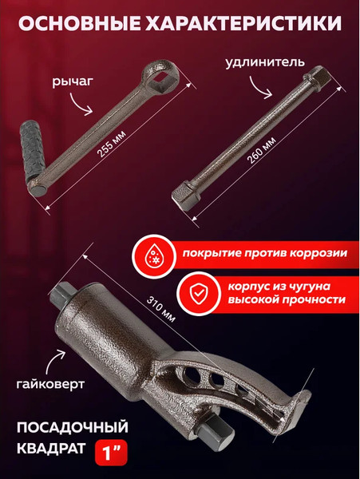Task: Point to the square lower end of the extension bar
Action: pyautogui.click(x=185, y=199)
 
